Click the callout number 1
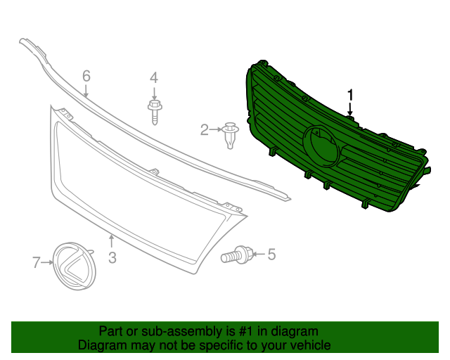click(x=350, y=95)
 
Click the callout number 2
click(x=205, y=129)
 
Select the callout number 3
click(x=112, y=257)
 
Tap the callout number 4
click(x=154, y=78)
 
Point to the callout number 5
click(x=271, y=255)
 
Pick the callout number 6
click(x=86, y=75)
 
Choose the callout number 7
click(x=37, y=263)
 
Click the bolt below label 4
click(x=154, y=112)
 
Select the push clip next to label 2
click(x=230, y=134)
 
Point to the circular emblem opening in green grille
click(x=320, y=146)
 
